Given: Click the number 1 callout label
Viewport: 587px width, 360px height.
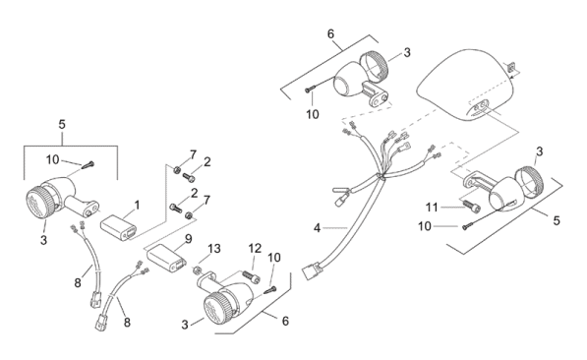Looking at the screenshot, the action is tap(137, 205).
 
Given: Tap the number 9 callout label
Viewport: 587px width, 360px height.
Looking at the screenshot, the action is tap(188, 238).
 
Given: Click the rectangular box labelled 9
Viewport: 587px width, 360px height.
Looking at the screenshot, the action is tap(166, 258).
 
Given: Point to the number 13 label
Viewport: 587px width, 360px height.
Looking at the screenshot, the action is tap(214, 249).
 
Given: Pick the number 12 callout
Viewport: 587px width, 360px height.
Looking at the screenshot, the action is tap(255, 248).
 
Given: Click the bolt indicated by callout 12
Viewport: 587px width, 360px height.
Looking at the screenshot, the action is tap(252, 276).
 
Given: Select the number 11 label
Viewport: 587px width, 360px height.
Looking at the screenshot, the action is tap(432, 207).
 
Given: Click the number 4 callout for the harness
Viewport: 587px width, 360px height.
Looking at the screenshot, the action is tap(317, 227).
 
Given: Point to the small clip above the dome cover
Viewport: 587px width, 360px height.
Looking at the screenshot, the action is tap(511, 67).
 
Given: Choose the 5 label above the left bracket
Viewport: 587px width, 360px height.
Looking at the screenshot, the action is tap(62, 124).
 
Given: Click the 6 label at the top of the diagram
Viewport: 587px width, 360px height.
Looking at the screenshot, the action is tap(330, 34).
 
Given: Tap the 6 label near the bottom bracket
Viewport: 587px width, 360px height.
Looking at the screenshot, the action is tap(285, 321).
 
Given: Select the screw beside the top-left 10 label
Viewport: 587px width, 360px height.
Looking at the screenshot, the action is tap(88, 164).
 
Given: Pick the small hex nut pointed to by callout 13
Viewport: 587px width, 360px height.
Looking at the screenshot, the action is tap(197, 270).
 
